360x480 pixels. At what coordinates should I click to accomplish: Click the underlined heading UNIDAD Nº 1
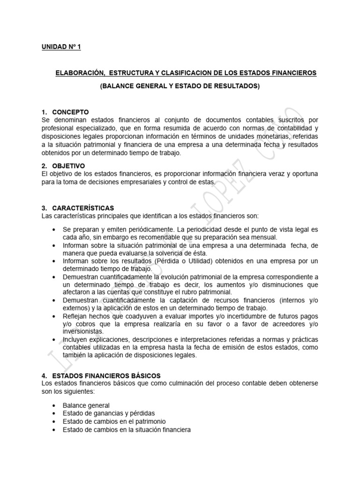pos(61,47)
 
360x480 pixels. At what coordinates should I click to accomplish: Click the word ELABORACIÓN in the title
pos(79,73)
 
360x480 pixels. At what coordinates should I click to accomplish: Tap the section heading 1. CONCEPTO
pos(65,112)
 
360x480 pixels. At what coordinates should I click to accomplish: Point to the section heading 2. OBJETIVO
pos(63,166)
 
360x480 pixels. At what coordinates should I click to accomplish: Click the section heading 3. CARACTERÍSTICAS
pos(77,208)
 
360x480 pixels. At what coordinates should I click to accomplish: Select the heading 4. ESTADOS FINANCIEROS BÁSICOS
pos(101,375)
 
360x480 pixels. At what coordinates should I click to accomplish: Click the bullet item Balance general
pos(86,405)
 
